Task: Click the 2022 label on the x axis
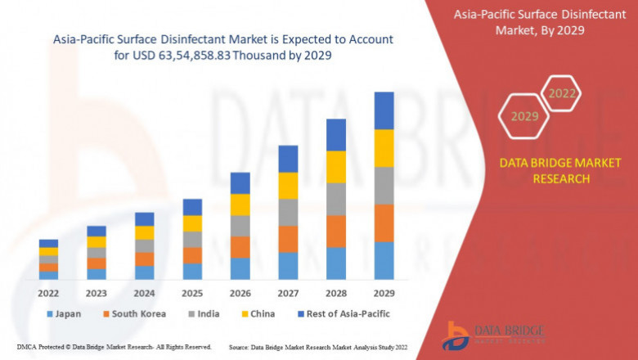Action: point(48,292)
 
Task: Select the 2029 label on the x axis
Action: point(384,292)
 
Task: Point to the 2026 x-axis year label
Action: point(240,292)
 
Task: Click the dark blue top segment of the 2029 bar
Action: point(384,110)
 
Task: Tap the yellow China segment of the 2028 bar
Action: point(335,167)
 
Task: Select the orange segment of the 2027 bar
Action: point(288,239)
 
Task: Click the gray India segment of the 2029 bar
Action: point(384,186)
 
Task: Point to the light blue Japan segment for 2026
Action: point(240,268)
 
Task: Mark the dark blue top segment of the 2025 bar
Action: point(192,207)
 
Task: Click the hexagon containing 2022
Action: point(562,93)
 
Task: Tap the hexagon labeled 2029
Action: point(524,116)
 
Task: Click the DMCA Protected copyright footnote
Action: point(115,347)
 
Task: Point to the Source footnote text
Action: point(319,347)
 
